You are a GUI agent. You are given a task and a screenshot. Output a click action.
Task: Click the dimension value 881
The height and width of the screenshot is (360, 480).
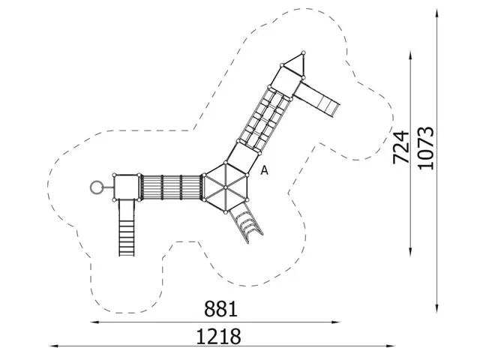click(221, 309)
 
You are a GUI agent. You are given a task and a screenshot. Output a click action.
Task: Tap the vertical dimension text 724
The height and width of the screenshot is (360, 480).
click(402, 147)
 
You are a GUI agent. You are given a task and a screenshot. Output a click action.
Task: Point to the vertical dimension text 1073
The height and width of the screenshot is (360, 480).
click(427, 147)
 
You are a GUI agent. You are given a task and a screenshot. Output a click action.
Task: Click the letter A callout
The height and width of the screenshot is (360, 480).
click(264, 171)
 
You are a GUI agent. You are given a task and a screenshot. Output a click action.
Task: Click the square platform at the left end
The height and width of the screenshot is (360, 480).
click(126, 187)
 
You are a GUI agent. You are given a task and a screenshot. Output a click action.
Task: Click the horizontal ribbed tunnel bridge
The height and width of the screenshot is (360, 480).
click(172, 187)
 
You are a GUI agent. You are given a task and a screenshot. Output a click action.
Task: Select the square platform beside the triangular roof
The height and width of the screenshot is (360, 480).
click(286, 78)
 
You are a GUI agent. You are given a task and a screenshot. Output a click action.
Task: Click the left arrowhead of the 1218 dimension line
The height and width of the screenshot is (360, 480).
click(52, 346)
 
